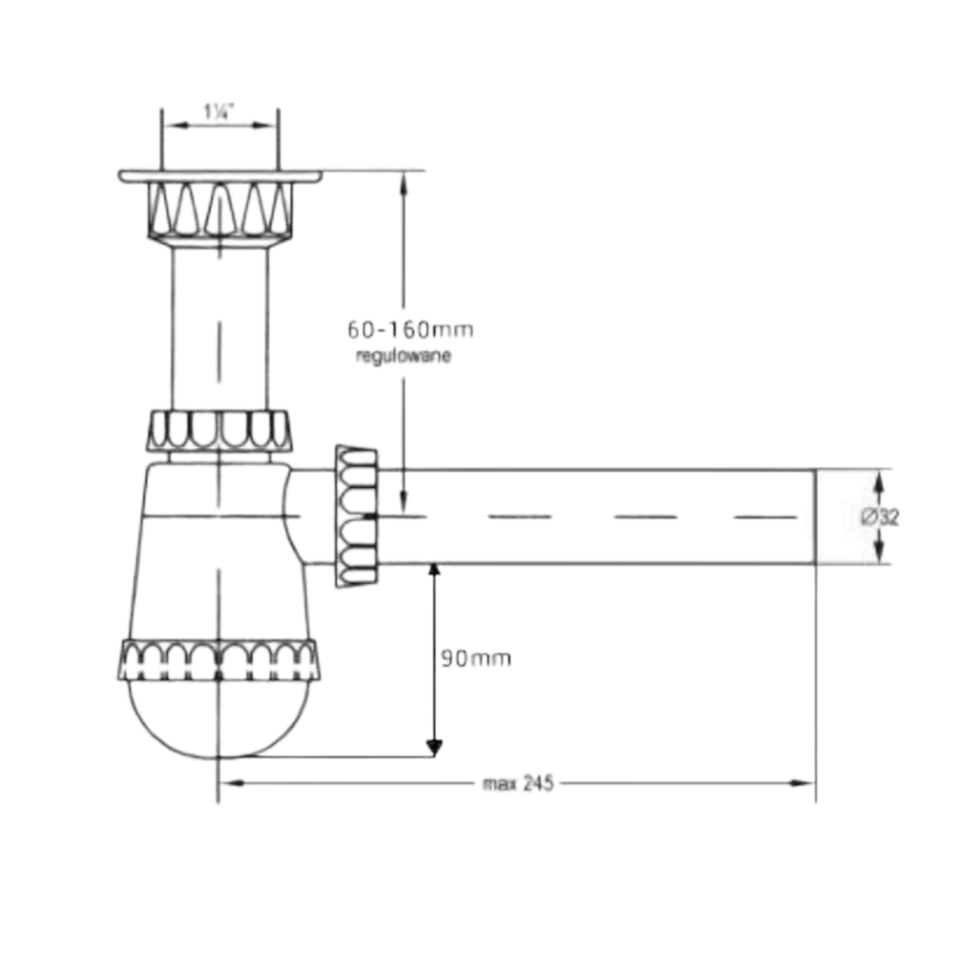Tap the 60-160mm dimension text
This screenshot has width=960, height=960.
410,330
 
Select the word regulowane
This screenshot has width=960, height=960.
403,356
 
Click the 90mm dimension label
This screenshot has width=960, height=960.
476,659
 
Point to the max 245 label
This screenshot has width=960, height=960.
518,784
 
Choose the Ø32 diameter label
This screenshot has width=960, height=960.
880,517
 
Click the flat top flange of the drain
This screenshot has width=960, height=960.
220,176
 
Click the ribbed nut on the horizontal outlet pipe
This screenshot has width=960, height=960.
356,516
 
